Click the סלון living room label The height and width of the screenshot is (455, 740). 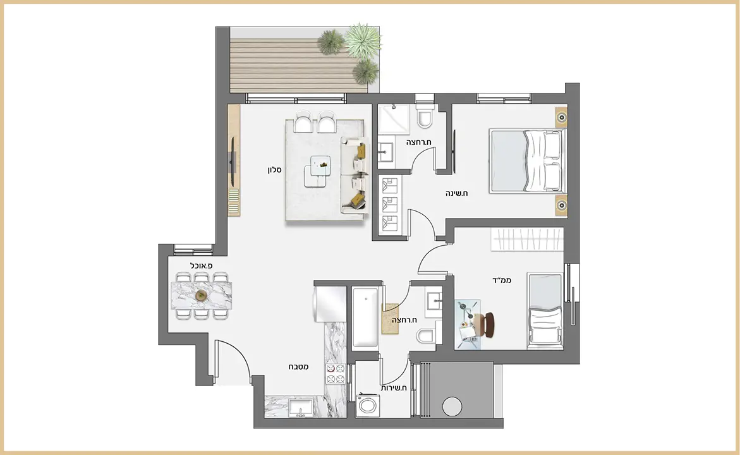(x=275, y=170)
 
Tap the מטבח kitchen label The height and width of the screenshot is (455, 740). (x=299, y=367)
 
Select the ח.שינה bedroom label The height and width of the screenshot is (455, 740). (x=457, y=193)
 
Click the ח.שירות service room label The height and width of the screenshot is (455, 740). (x=394, y=388)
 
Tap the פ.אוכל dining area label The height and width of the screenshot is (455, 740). (x=202, y=265)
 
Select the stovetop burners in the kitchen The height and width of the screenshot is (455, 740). (x=336, y=373)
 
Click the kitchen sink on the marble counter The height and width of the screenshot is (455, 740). (x=300, y=408)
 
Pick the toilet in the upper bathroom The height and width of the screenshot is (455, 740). (x=425, y=116)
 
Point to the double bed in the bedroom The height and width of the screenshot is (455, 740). (x=528, y=161)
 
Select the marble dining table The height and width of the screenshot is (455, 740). (x=202, y=296)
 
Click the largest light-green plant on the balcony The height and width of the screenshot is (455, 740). (x=363, y=40)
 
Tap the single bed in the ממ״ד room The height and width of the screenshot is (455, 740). (x=545, y=310)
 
